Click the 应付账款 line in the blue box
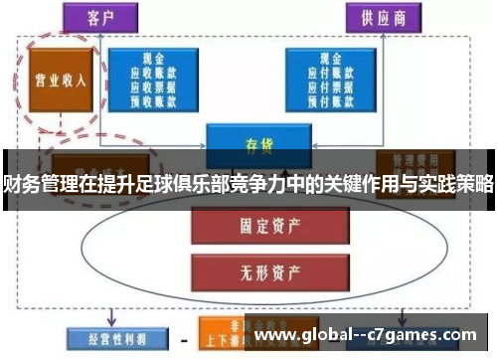pos(332,73)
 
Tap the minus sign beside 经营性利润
pos(183,335)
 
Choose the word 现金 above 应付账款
pos(332,60)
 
